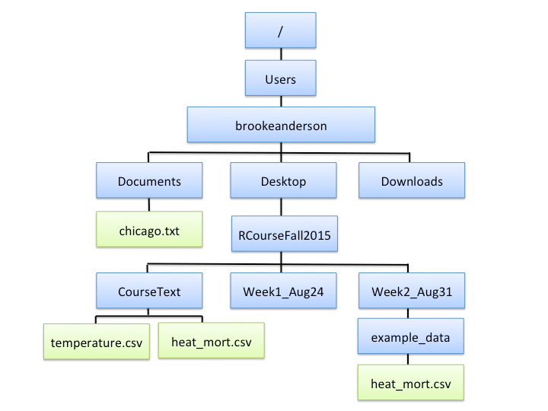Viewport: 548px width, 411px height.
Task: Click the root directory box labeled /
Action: click(280, 30)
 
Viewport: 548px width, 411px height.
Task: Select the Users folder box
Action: click(280, 78)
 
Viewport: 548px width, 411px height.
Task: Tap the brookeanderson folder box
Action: click(281, 125)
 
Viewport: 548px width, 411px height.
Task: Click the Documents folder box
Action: click(149, 181)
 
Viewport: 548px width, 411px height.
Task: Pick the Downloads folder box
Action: click(412, 181)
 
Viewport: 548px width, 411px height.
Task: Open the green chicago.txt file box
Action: click(149, 229)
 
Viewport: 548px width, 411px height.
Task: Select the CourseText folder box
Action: click(149, 291)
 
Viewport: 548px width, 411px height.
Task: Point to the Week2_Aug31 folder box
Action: click(411, 291)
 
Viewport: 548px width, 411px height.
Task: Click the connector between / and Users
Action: click(280, 55)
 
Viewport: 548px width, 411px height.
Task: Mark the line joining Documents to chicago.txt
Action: click(149, 205)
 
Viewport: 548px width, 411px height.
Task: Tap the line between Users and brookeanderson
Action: click(280, 100)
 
